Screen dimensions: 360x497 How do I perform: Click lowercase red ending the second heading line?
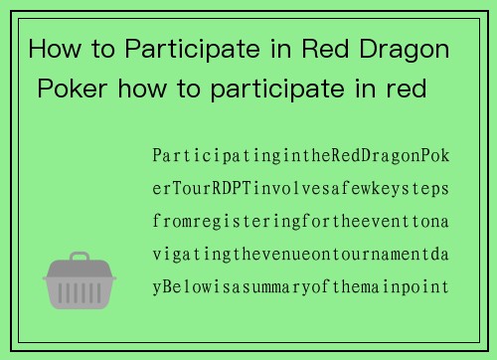pyautogui.click(x=408, y=90)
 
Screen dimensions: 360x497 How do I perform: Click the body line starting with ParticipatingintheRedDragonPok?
pyautogui.click(x=301, y=156)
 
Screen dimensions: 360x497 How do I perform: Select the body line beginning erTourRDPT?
pyautogui.click(x=301, y=189)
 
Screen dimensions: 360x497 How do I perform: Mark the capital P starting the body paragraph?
pyautogui.click(x=157, y=156)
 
